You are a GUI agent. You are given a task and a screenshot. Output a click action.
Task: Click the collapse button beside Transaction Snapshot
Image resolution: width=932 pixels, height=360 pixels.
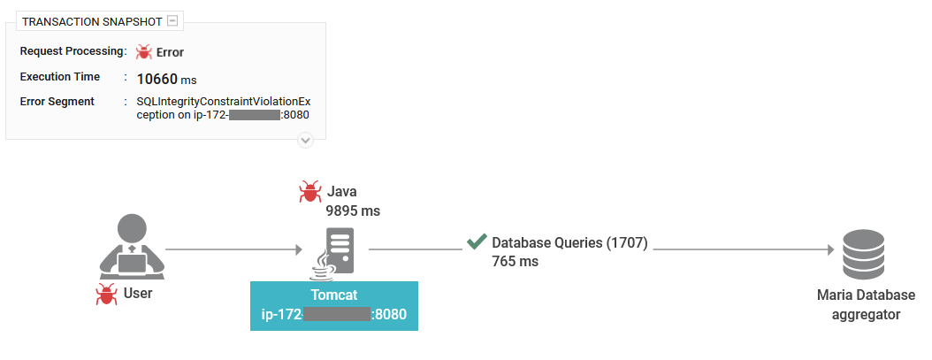[173, 20]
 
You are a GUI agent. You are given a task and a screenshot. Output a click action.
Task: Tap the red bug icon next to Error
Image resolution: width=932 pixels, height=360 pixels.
[144, 52]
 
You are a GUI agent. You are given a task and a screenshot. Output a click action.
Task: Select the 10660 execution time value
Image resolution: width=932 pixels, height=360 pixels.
[157, 79]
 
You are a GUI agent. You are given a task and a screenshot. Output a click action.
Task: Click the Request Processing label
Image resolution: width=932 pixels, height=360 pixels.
[71, 51]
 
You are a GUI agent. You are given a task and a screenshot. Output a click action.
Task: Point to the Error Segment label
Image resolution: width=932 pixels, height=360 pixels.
[57, 102]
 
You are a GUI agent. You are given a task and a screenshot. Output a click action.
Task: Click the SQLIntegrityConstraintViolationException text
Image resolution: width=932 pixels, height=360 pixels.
[218, 102]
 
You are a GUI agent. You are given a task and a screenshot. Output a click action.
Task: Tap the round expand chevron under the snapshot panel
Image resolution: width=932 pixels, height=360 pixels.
[305, 140]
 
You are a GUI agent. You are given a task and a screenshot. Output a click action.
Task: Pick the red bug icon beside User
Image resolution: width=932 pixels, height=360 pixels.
[107, 295]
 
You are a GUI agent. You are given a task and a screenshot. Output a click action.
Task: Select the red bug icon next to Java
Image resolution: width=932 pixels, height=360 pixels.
[310, 191]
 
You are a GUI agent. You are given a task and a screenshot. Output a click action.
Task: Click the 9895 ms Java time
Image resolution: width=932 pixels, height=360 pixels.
[353, 211]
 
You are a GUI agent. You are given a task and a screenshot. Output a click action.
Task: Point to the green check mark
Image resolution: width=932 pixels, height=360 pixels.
[477, 241]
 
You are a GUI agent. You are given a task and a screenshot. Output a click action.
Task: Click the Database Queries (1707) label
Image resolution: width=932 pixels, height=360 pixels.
[570, 242]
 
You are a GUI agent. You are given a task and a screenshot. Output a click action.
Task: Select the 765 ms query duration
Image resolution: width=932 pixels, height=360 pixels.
[516, 262]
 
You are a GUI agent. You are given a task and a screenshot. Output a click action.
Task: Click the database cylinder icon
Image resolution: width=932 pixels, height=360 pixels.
[863, 253]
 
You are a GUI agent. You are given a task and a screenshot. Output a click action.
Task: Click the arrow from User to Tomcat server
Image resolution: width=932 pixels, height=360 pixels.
[233, 249]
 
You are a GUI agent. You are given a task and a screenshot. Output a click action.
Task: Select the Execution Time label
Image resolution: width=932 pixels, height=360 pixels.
[60, 77]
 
